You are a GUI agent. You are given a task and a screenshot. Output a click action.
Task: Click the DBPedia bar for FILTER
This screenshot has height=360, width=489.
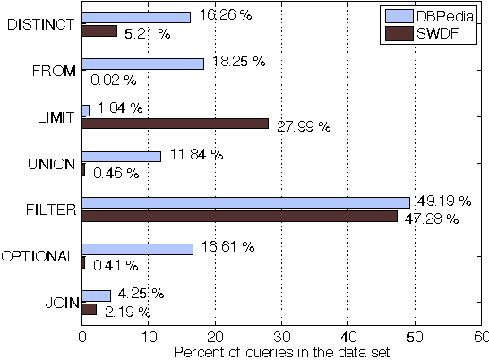(245, 202)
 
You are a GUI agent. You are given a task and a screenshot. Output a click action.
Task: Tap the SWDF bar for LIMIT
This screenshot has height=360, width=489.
(175, 123)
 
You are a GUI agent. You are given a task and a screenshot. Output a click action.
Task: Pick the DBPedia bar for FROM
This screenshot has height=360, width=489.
(142, 64)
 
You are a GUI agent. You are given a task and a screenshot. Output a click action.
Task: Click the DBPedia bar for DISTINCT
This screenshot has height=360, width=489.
(136, 17)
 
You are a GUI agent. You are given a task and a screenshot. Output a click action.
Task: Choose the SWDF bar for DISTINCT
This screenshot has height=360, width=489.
(99, 30)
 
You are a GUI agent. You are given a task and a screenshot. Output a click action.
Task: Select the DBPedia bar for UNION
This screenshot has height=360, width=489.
(121, 156)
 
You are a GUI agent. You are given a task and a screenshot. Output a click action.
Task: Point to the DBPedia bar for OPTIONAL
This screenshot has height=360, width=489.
(137, 249)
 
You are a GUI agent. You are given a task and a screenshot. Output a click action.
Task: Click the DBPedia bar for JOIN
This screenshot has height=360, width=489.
(96, 296)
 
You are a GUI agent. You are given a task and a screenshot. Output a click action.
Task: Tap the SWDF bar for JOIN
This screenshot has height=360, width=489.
(89, 309)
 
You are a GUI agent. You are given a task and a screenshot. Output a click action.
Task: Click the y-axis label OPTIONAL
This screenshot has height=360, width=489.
(38, 256)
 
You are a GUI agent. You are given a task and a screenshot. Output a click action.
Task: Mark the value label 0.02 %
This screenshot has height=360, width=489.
(114, 80)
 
